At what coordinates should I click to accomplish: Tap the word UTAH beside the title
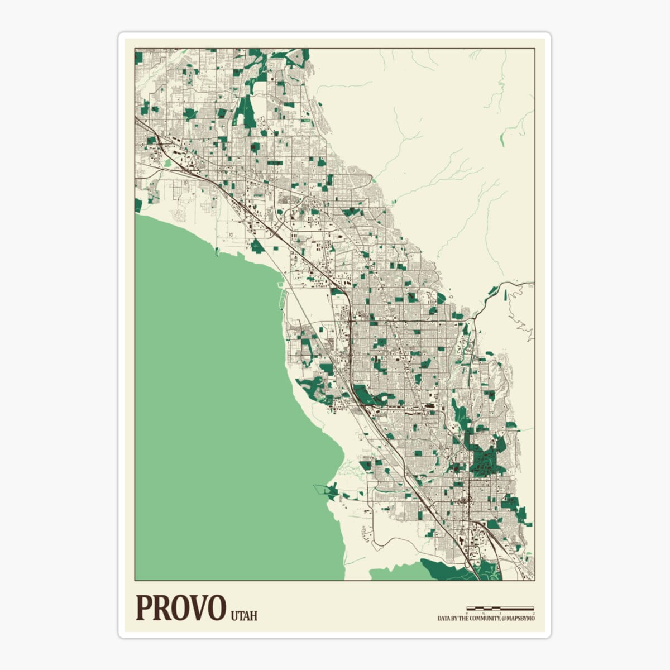(x=244, y=616)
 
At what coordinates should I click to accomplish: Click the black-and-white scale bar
(x=500, y=608)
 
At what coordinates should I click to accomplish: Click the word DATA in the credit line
(x=444, y=619)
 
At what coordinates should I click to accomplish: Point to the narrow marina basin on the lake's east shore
(x=281, y=296)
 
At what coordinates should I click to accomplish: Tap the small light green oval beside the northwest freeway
(x=168, y=163)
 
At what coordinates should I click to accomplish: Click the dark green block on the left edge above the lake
(x=138, y=205)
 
